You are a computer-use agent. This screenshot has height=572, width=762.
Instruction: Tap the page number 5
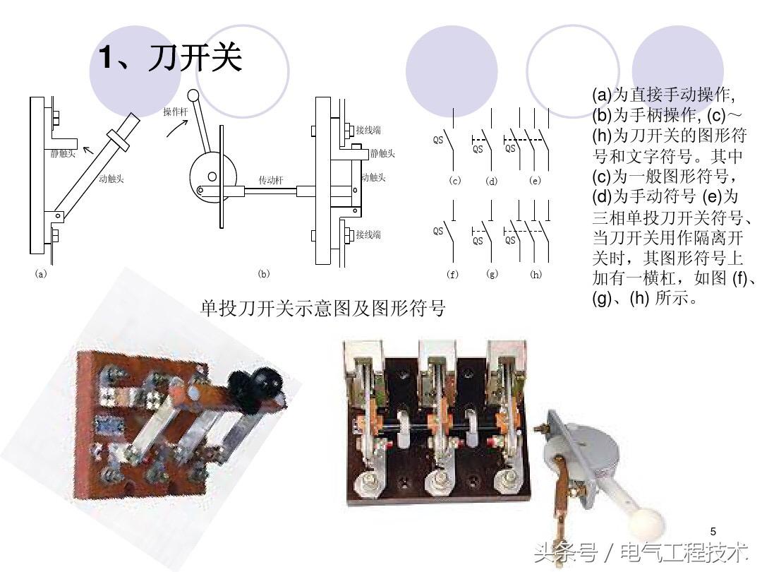pyautogui.click(x=713, y=531)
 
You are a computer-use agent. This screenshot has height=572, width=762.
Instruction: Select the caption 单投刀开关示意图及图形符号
pyautogui.click(x=323, y=308)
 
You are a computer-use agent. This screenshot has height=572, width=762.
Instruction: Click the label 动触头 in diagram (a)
pyautogui.click(x=111, y=179)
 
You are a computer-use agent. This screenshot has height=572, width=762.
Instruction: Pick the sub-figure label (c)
pyautogui.click(x=455, y=181)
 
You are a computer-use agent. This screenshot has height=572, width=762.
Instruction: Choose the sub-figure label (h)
pyautogui.click(x=536, y=274)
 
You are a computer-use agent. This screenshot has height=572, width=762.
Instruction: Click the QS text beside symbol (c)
pyautogui.click(x=438, y=140)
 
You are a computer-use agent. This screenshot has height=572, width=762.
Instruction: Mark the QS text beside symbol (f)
pyautogui.click(x=438, y=231)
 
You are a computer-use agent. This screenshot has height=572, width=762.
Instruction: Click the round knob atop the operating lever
pyautogui.click(x=193, y=96)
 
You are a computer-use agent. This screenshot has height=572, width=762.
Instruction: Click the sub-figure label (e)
pyautogui.click(x=535, y=181)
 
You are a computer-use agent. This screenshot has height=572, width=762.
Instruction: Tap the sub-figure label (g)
pyautogui.click(x=492, y=274)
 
